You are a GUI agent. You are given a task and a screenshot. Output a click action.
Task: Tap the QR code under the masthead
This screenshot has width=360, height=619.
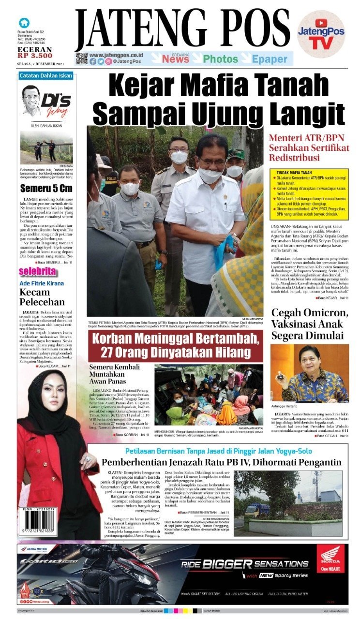pyautogui.click(x=81, y=59)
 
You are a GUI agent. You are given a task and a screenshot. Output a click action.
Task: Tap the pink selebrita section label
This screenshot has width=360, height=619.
pyautogui.click(x=37, y=271)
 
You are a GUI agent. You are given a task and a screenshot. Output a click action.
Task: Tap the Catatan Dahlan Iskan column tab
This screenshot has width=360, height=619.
pyautogui.click(x=45, y=75)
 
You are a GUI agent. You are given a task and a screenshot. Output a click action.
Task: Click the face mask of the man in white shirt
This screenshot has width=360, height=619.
pyautogui.click(x=210, y=175)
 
